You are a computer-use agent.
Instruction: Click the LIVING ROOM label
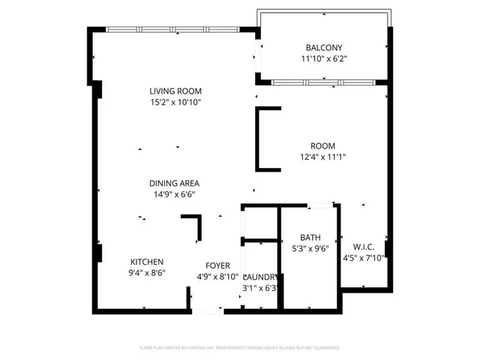(x=175, y=91)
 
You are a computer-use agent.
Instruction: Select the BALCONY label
(x=323, y=48)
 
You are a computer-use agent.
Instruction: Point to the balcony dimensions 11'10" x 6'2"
(x=323, y=58)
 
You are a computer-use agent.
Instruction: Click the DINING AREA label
(x=175, y=183)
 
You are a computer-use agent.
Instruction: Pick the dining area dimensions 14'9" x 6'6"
(x=175, y=193)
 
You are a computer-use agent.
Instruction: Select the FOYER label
(x=218, y=265)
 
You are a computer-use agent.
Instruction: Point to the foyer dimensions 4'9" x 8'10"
(x=218, y=276)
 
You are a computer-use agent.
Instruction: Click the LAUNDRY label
(x=261, y=277)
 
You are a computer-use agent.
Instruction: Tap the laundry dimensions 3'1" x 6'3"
(x=261, y=287)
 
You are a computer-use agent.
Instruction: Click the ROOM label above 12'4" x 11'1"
(x=323, y=145)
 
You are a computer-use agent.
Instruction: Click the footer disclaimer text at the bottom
(x=240, y=348)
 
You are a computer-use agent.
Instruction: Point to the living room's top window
(x=175, y=29)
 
